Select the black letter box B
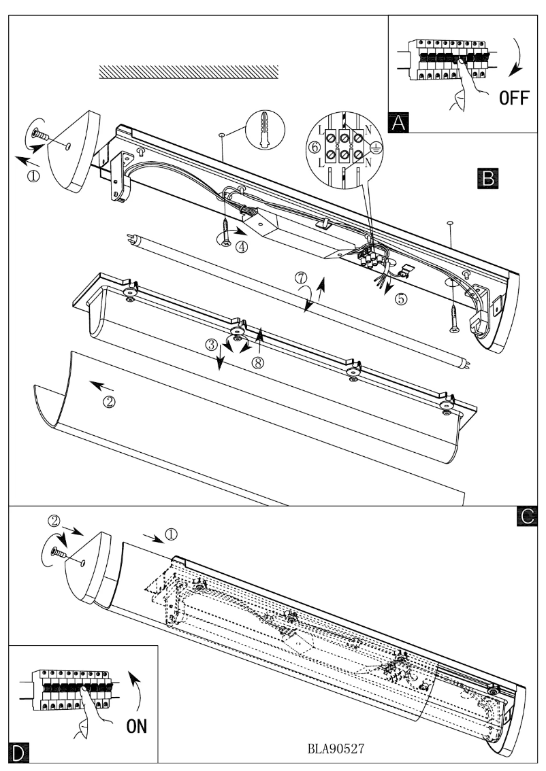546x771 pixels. point(487,178)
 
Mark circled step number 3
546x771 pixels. point(212,344)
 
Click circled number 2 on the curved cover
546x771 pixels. point(108,402)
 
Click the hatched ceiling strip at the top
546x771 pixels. point(189,72)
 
